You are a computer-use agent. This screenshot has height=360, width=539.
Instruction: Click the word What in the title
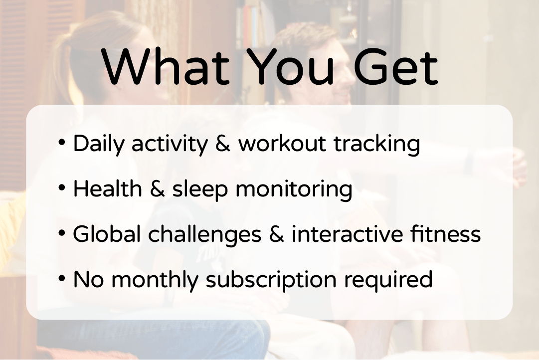pos(166,67)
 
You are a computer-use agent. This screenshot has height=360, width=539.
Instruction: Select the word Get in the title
pos(395,67)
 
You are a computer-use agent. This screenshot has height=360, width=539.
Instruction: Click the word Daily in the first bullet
pos(98,144)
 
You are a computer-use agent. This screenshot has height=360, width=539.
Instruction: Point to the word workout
pos(282,144)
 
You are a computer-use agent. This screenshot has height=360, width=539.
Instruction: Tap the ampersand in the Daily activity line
pos(222,144)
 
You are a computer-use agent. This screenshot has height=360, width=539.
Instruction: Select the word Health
pos(107,189)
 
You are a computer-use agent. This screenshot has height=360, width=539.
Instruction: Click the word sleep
pos(200,190)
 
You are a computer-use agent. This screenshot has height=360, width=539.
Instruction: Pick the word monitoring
pos(294,190)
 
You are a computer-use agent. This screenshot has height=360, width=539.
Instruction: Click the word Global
pos(107,234)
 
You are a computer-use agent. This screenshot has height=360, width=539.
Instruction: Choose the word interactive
pos(347,234)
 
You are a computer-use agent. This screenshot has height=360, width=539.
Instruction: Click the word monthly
pos(155,281)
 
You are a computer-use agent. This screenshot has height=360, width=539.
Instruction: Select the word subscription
pos(271,281)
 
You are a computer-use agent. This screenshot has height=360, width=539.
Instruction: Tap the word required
pos(388,281)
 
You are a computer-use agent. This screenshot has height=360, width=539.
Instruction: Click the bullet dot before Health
pos(62,188)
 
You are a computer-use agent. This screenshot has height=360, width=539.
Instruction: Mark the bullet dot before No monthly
pos(62,279)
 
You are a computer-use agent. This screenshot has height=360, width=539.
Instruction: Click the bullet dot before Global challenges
pos(62,233)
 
